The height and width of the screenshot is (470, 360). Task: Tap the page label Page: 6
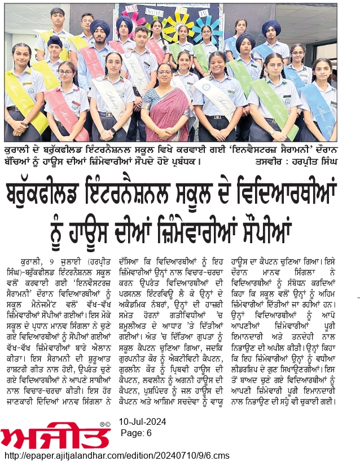(x=137, y=432)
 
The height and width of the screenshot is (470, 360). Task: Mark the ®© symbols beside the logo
(x=104, y=424)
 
